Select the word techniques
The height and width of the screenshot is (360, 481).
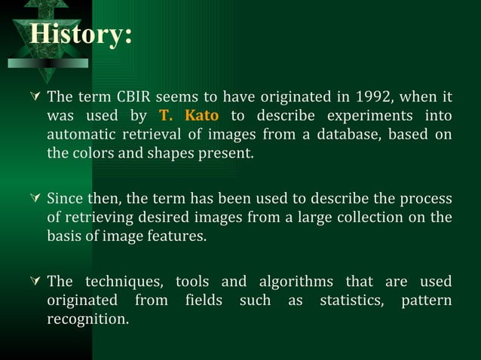(124, 282)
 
